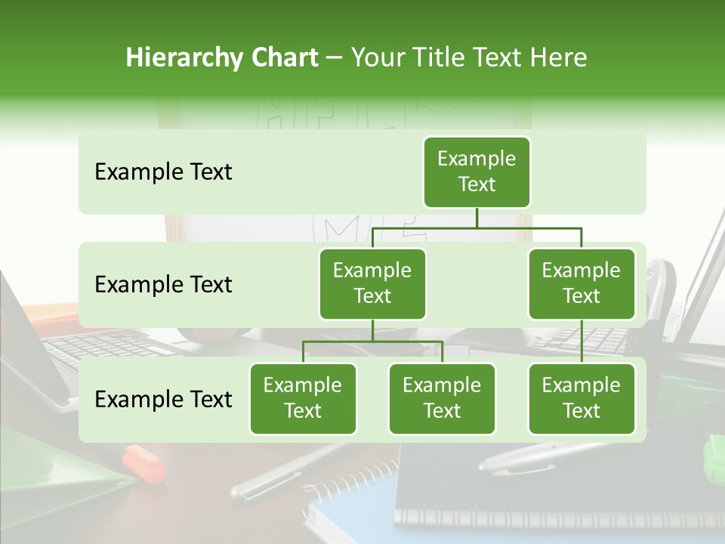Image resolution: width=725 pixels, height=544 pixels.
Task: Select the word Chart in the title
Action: [x=282, y=58]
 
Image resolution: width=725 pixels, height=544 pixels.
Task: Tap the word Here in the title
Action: [x=559, y=58]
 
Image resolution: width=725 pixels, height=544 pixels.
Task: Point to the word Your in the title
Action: [x=378, y=58]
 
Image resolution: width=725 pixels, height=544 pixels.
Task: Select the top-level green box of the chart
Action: [x=477, y=172]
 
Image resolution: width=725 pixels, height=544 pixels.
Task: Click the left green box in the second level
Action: [x=372, y=284]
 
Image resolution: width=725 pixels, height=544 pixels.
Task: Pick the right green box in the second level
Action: [x=582, y=284]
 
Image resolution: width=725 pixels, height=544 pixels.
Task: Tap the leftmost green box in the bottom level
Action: [x=303, y=399]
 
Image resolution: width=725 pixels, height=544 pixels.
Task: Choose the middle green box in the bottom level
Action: [x=442, y=399]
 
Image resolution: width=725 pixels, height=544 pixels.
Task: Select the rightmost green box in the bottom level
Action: [x=582, y=399]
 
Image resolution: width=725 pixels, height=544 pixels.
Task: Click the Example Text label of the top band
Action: [x=163, y=172]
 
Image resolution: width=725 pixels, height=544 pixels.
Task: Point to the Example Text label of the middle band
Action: [x=163, y=285]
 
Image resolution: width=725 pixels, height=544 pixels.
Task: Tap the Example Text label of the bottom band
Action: [x=163, y=400]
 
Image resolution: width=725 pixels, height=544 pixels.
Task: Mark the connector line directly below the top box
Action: [x=477, y=218]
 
